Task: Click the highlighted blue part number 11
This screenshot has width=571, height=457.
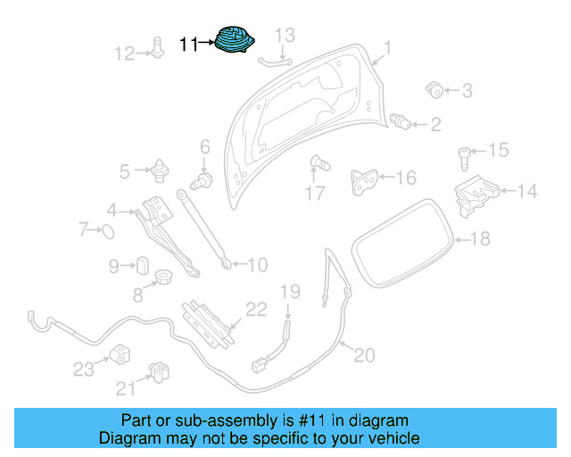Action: pos(236,42)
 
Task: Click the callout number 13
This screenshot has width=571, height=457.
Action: pos(283,36)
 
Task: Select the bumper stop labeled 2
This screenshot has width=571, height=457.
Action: pos(401,121)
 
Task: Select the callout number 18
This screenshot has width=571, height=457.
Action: pos(480,238)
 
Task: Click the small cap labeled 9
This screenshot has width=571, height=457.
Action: pos(142,265)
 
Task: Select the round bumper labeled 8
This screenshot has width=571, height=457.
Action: pos(164,278)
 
